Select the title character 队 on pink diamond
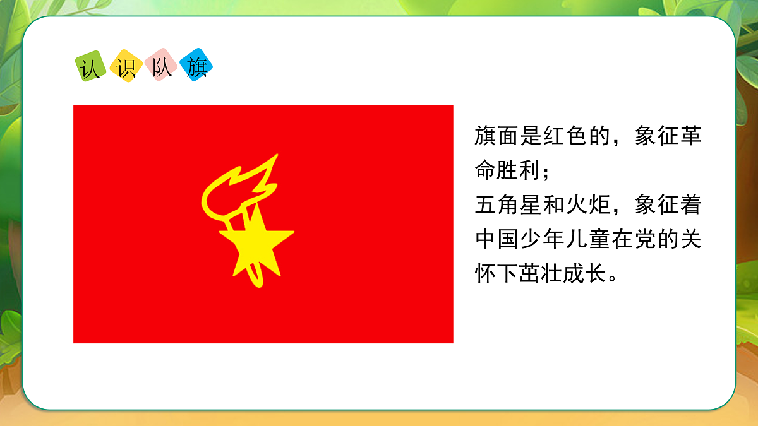[x=161, y=66]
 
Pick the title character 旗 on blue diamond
[x=196, y=66]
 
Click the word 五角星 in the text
[x=509, y=205]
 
